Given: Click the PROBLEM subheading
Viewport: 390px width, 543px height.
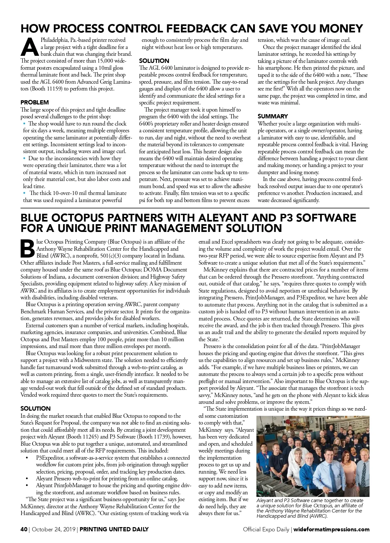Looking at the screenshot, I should (x=34, y=103).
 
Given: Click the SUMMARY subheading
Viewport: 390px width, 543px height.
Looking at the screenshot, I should (x=273, y=116).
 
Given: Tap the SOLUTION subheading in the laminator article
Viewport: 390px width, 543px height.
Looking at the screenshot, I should (x=154, y=61).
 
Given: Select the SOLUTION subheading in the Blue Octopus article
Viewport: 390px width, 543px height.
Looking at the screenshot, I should (x=35, y=408).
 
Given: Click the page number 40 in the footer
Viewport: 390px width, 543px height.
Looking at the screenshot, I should (x=24, y=529).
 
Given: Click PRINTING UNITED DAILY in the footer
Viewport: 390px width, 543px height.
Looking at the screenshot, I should (x=114, y=529).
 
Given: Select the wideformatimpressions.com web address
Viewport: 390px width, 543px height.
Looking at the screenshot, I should (x=331, y=529).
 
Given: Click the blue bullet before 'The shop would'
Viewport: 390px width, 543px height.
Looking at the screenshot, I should (x=24, y=124).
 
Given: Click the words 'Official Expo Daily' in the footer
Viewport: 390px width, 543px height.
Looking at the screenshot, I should (x=266, y=529).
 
